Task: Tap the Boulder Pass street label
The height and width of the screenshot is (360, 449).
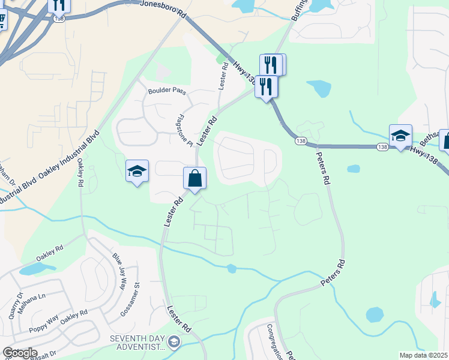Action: (x=167, y=92)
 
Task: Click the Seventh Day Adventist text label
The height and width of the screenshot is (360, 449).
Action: (x=137, y=343)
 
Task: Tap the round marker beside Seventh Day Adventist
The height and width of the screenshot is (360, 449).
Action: (x=174, y=343)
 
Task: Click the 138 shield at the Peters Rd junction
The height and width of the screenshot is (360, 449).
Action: (x=301, y=140)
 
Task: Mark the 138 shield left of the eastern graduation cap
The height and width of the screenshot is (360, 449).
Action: (x=382, y=146)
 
